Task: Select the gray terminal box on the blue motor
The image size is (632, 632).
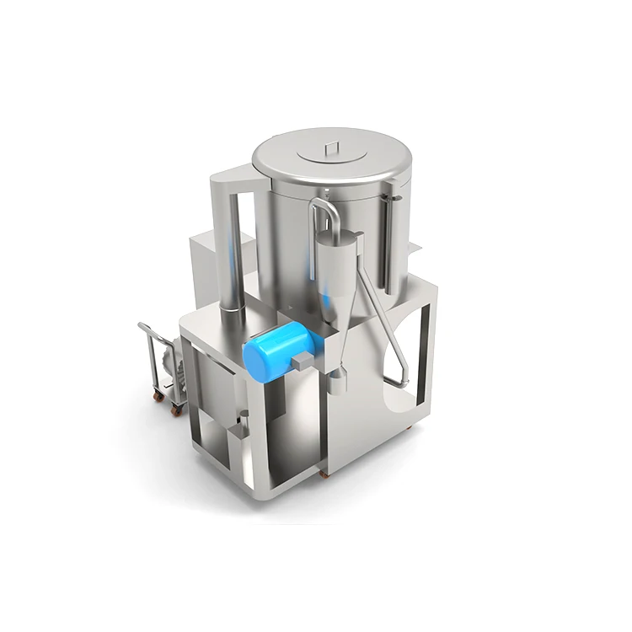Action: (x=302, y=361)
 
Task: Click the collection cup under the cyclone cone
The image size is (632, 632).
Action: (x=336, y=384)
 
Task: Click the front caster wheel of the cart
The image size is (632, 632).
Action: (x=177, y=410)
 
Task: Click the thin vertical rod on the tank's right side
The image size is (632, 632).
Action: (x=388, y=236)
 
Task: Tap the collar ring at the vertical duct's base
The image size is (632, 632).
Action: (x=228, y=311)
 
